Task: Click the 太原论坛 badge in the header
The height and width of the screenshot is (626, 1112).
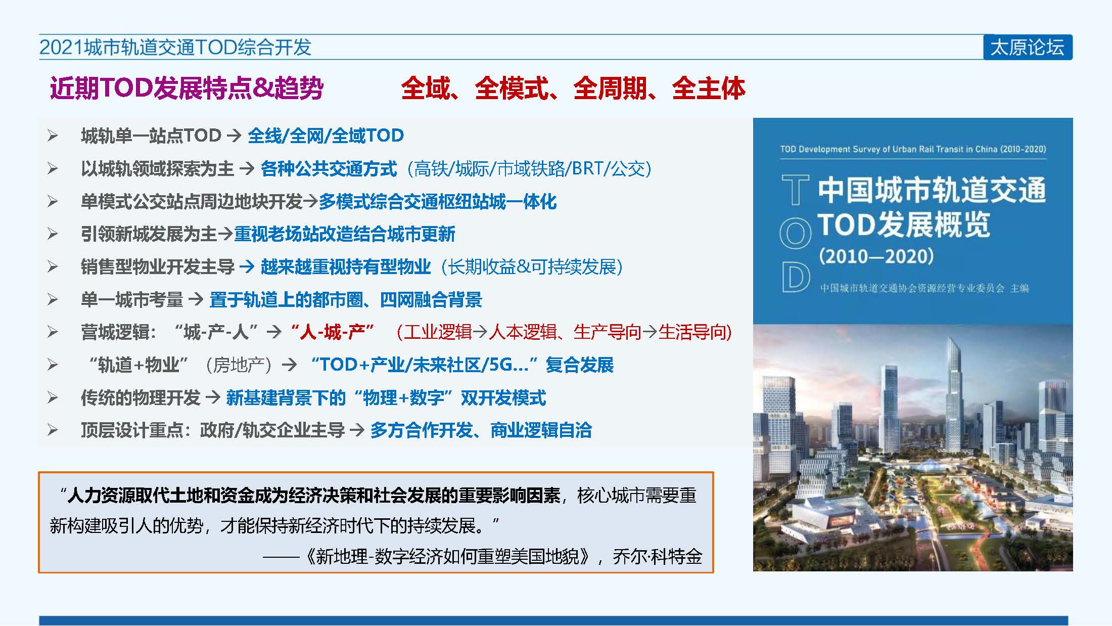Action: [1028, 48]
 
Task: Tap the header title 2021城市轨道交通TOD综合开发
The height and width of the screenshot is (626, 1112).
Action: [175, 47]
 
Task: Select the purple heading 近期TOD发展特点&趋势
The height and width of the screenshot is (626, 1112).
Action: [187, 88]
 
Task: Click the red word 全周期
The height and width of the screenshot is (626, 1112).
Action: [610, 88]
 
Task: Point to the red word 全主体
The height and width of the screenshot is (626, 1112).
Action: [709, 88]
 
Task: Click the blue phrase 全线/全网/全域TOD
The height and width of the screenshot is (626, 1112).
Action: [326, 136]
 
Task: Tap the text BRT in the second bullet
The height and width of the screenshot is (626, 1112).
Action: [588, 168]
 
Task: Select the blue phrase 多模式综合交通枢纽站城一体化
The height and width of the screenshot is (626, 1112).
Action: [438, 202]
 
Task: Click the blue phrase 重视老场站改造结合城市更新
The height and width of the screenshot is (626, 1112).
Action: [345, 234]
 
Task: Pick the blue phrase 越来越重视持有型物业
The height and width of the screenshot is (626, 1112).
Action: [346, 266]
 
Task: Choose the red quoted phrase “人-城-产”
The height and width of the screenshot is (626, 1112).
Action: [332, 332]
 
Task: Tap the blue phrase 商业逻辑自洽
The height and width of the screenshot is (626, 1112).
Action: [541, 430]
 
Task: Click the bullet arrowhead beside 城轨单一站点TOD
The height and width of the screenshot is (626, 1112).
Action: [53, 136]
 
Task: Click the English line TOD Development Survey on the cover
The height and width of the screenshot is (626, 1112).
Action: [913, 149]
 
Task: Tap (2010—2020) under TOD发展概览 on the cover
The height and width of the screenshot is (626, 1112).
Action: [876, 256]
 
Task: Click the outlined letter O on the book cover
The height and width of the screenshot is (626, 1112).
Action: [795, 234]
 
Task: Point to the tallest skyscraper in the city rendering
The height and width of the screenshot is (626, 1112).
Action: [954, 384]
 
